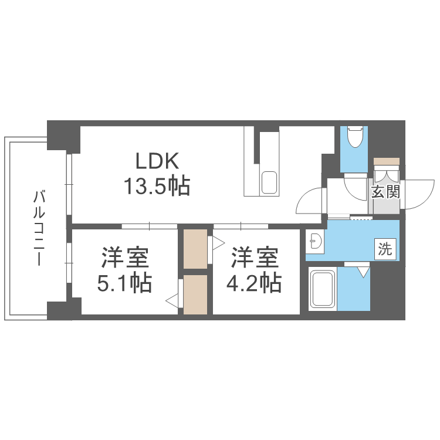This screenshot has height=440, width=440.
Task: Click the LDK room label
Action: point(157,161)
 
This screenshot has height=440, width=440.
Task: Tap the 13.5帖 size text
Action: point(157,186)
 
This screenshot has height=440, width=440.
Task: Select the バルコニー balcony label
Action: point(39,228)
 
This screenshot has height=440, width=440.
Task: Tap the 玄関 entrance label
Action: point(385,192)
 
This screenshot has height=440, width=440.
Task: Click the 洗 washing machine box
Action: point(385,249)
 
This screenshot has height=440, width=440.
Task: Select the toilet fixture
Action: point(355,137)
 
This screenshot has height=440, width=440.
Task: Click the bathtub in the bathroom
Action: point(323,289)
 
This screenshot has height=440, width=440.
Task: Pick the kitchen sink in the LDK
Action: point(269,182)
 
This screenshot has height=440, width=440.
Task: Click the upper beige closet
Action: point(195,249)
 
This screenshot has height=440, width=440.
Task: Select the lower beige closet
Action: point(195,295)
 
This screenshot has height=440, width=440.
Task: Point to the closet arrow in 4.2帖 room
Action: point(218,243)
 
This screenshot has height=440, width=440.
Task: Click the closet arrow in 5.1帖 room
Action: point(172,301)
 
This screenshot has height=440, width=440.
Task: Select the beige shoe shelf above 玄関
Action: point(387,161)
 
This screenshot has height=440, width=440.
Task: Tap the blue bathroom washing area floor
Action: point(354,289)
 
